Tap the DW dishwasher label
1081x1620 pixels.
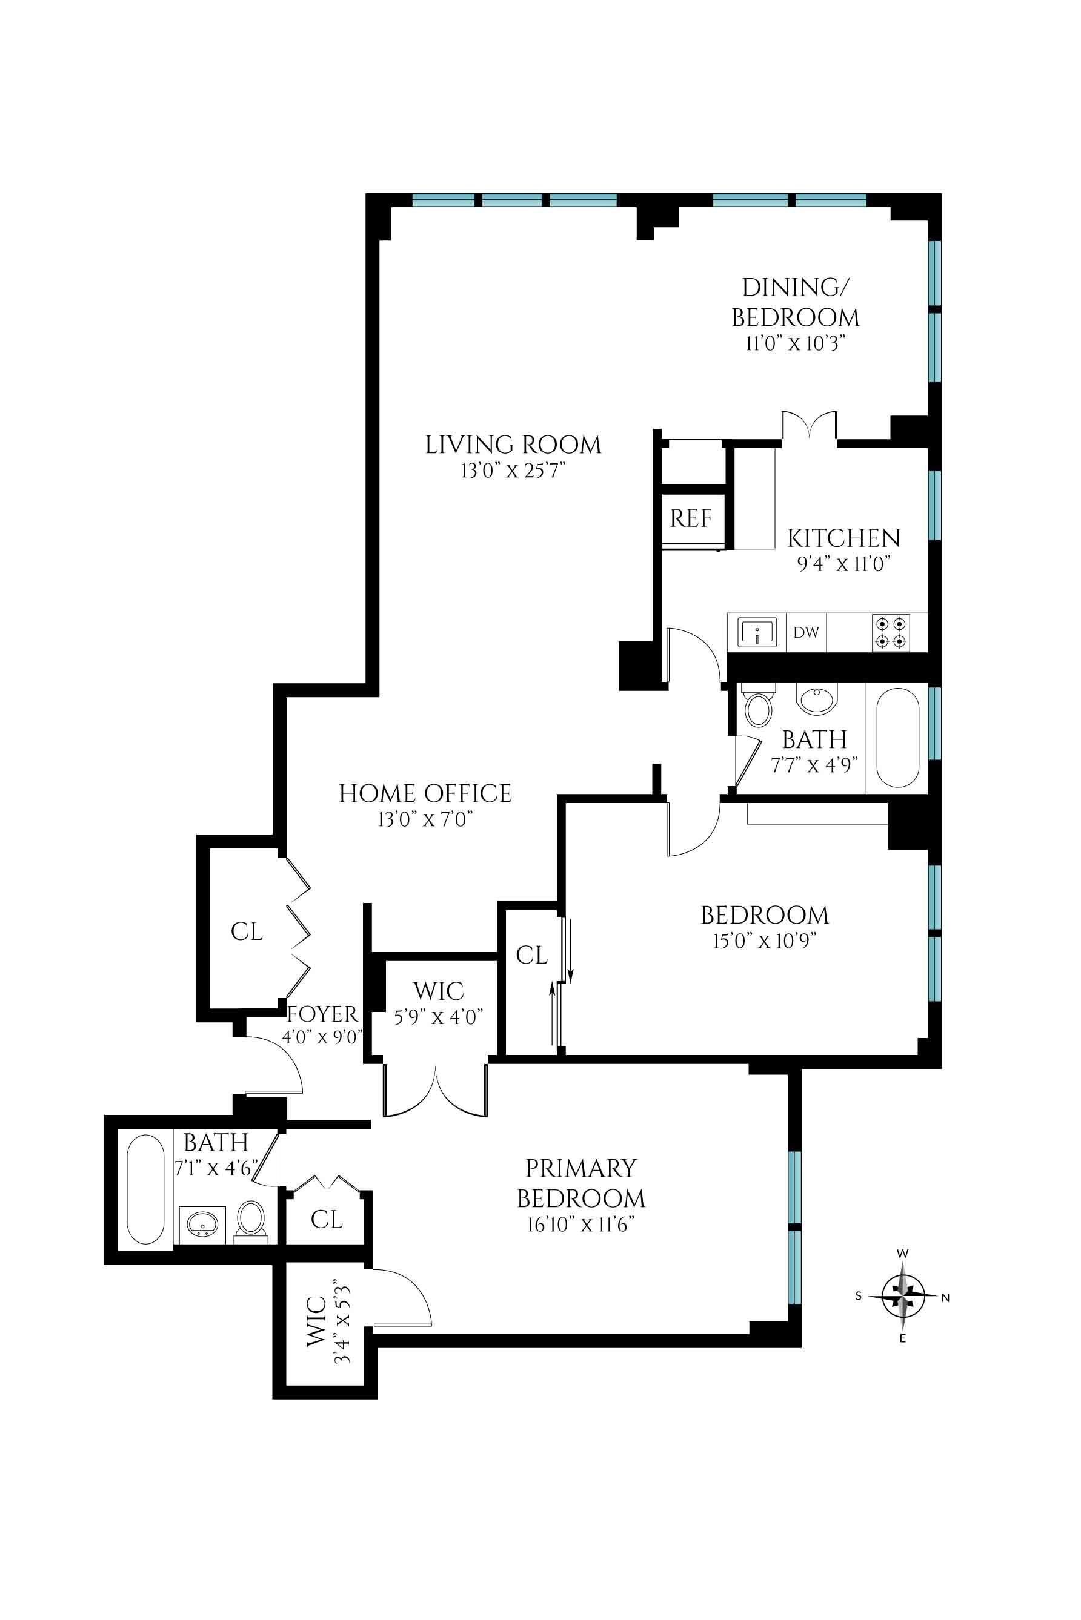[x=805, y=632]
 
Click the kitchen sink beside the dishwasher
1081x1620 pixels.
[x=757, y=632]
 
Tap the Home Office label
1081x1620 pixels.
[x=425, y=793]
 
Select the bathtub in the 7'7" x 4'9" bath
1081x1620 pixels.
[x=896, y=737]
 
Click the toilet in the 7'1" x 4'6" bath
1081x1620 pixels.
[x=250, y=1220]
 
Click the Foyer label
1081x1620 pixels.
[x=322, y=1014]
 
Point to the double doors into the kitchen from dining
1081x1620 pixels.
[x=810, y=425]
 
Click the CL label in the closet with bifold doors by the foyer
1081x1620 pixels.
[x=246, y=931]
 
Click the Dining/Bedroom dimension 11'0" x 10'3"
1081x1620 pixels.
[x=795, y=343]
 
